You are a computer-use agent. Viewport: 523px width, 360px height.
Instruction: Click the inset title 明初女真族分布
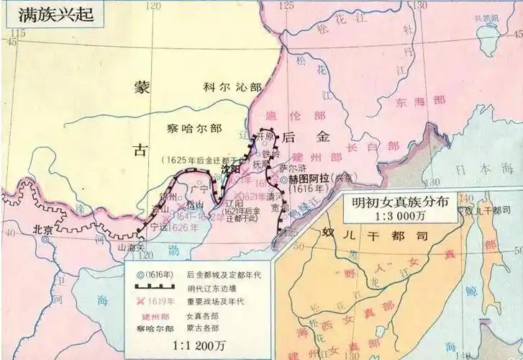click(x=399, y=202)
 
